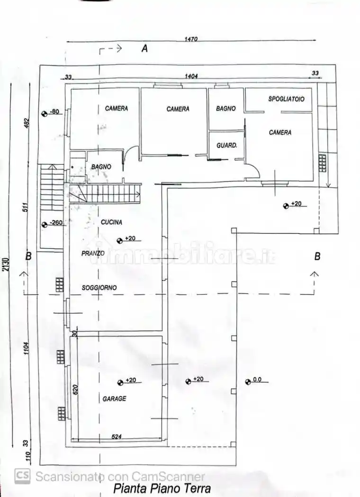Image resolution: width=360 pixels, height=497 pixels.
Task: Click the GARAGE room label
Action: (115, 399)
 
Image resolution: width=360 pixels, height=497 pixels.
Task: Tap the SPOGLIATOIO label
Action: (286, 99)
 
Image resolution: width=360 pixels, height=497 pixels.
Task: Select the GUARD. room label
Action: (226, 145)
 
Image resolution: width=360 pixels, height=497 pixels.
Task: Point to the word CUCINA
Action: (112, 222)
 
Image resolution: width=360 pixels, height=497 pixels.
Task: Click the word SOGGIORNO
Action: (99, 287)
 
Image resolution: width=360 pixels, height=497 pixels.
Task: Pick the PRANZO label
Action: (93, 254)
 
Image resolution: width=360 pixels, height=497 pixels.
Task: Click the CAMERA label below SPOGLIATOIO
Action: (280, 133)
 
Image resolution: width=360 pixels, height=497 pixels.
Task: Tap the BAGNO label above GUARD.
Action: (226, 108)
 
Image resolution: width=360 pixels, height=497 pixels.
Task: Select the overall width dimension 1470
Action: (191, 39)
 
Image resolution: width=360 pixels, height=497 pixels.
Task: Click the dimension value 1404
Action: (191, 76)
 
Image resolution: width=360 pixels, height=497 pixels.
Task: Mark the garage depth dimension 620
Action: (75, 389)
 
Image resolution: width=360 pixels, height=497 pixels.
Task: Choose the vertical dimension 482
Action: (27, 123)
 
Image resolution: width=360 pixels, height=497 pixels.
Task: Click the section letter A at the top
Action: (144, 48)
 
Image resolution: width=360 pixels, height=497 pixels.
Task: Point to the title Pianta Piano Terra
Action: (162, 488)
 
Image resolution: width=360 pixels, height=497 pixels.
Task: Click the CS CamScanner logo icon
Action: (22, 476)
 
